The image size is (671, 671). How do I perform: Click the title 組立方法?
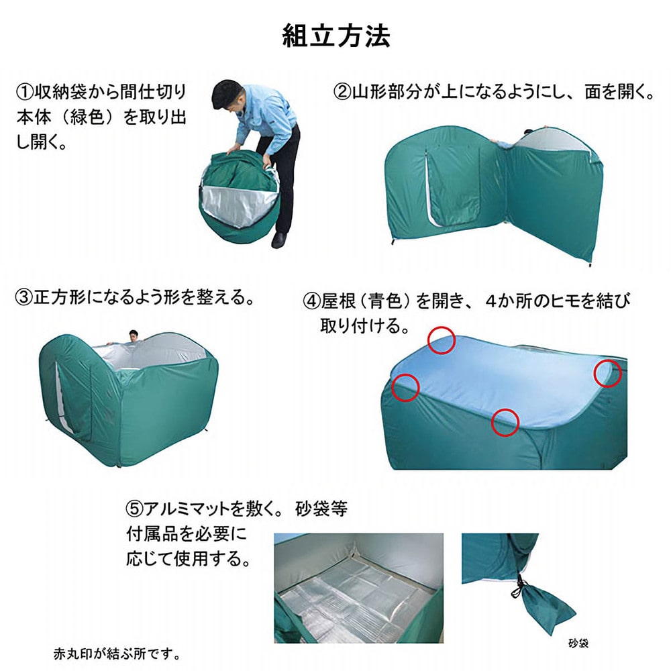pyautogui.click(x=335, y=35)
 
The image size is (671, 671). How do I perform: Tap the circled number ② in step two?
pyautogui.click(x=342, y=91)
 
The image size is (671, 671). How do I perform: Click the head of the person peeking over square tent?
pyautogui.click(x=134, y=335)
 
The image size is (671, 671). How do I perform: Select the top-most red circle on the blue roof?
pyautogui.click(x=443, y=340)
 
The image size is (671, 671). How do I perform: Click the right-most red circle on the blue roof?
pyautogui.click(x=609, y=373)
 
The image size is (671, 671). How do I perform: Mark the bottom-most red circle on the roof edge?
pyautogui.click(x=505, y=422)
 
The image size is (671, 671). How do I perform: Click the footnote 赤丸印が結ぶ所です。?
pyautogui.click(x=117, y=653)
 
